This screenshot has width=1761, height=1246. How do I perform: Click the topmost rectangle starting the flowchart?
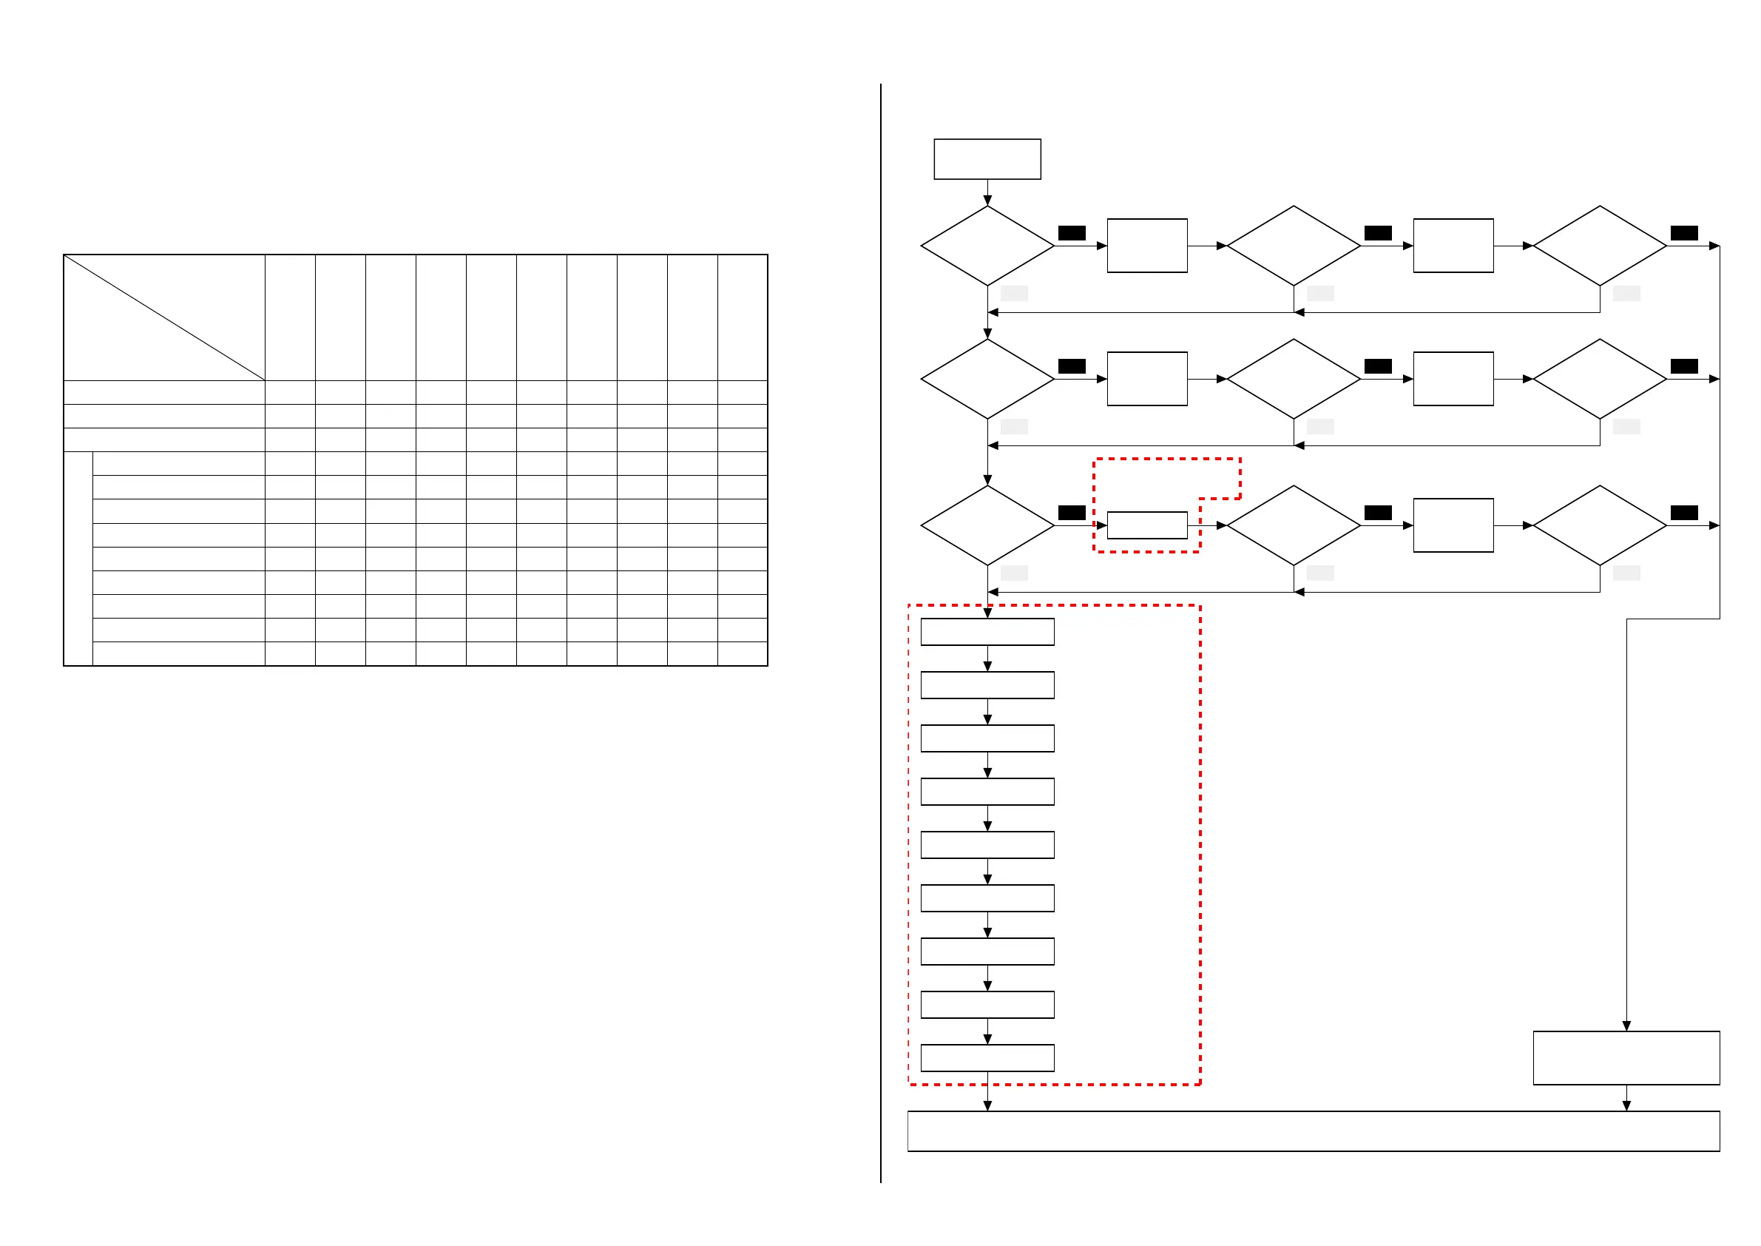click(987, 159)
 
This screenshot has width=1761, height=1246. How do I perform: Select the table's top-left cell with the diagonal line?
click(164, 317)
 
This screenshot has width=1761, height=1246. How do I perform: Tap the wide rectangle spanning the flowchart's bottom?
click(1313, 1131)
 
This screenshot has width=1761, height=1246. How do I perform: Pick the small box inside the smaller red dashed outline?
click(1146, 525)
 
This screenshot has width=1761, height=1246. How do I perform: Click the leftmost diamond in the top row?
click(987, 246)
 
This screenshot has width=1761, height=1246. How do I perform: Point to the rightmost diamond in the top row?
click(1599, 246)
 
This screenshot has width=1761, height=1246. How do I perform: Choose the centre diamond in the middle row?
click(1293, 379)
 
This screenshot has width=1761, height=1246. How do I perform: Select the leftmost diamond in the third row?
click(987, 525)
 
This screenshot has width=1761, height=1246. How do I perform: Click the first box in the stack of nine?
click(987, 632)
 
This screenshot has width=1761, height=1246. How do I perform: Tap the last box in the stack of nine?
click(987, 1058)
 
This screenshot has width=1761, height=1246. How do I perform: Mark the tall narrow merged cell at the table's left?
click(78, 559)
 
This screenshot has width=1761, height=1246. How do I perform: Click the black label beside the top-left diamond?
click(1072, 233)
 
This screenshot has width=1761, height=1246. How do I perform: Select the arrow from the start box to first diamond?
click(987, 192)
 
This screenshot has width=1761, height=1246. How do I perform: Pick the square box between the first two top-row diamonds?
click(1146, 246)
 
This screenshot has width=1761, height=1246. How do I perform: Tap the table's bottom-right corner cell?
click(742, 653)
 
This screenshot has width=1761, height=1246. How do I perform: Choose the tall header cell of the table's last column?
click(742, 317)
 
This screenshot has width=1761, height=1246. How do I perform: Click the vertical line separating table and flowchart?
click(880, 633)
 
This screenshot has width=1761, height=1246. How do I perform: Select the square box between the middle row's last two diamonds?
click(1453, 379)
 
